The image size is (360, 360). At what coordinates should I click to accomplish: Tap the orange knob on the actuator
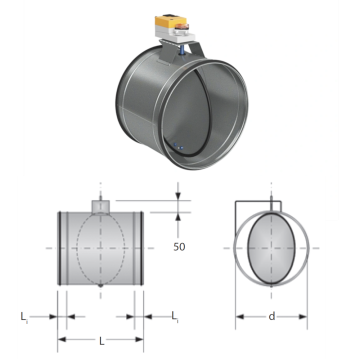click(x=182, y=27)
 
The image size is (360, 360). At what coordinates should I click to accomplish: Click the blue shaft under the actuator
click(x=182, y=50)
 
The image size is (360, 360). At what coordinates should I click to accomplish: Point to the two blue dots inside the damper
click(x=178, y=146)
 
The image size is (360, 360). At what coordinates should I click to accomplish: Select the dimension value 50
click(x=179, y=247)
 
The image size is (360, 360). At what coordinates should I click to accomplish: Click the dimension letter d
click(x=272, y=316)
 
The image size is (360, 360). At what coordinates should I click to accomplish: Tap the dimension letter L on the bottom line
click(x=102, y=341)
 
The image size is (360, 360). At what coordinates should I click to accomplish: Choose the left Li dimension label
click(x=24, y=317)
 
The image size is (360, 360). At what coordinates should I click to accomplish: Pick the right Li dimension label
click(x=175, y=317)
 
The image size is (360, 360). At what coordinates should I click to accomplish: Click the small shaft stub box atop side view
click(x=101, y=207)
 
